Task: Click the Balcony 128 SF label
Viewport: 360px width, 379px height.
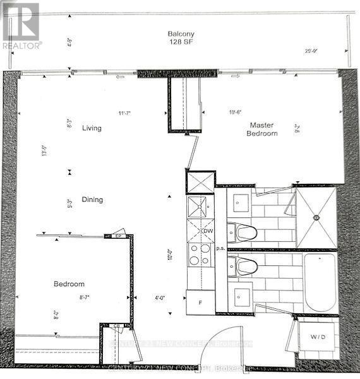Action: [179, 38]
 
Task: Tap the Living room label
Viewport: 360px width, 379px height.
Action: [92, 128]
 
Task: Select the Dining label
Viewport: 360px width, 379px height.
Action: [92, 200]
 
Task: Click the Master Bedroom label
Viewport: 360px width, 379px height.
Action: [263, 129]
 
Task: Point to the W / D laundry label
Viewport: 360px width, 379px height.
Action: [318, 337]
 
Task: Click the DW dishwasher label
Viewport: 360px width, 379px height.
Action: [208, 231]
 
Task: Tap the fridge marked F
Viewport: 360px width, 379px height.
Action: [200, 303]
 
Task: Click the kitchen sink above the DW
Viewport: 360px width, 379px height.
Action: [201, 207]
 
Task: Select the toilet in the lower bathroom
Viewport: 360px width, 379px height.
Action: [243, 266]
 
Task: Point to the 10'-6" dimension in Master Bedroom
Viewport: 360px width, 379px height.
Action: [235, 113]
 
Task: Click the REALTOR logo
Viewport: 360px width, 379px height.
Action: [21, 26]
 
